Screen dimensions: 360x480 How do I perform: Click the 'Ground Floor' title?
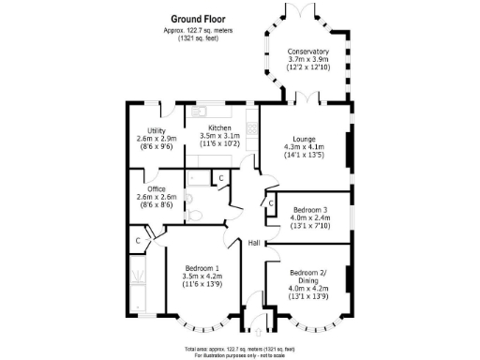(x=199, y=18)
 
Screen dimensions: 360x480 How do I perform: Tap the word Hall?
(x=253, y=244)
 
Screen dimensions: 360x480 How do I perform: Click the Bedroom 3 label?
(x=310, y=210)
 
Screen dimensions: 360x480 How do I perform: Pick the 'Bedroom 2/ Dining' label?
(x=310, y=277)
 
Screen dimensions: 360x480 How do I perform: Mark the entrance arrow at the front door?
(x=256, y=330)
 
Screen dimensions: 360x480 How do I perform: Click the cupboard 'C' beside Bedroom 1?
(x=138, y=241)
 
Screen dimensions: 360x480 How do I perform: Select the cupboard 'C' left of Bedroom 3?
(x=270, y=202)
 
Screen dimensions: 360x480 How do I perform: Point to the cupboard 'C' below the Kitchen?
(x=220, y=177)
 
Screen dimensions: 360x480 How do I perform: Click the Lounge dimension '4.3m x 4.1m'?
(x=304, y=146)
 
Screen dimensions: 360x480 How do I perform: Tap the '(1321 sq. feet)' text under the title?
(x=199, y=38)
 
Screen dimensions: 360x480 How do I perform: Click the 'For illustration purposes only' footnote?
(x=240, y=355)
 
